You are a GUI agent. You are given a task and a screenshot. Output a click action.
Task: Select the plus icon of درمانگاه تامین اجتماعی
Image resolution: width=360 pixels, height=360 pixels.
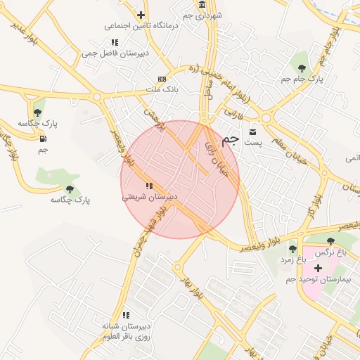[141, 15]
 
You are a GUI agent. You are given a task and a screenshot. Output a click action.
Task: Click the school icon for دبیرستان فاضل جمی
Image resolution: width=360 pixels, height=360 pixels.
[115, 42]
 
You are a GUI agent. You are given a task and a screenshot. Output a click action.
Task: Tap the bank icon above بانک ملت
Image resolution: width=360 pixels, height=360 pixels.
[162, 79]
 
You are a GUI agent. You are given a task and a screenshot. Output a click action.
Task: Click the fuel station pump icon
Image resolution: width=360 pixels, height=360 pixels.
[44, 137]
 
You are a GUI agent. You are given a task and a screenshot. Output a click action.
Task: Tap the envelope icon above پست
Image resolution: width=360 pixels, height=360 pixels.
[253, 131]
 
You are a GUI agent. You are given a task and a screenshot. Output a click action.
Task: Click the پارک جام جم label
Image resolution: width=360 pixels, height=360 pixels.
[303, 79]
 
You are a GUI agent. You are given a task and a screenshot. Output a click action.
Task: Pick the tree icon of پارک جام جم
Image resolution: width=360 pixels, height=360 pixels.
[302, 69]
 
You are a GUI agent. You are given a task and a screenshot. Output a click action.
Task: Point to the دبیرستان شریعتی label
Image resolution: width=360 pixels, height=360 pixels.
[149, 197]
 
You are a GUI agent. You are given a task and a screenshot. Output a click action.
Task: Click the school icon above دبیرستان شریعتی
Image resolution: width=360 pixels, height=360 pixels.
[148, 186]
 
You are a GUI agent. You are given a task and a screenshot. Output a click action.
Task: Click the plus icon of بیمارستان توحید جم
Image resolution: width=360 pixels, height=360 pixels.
[318, 268]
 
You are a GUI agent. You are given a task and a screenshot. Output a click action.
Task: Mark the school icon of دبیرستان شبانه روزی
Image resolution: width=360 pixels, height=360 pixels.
[127, 315]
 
